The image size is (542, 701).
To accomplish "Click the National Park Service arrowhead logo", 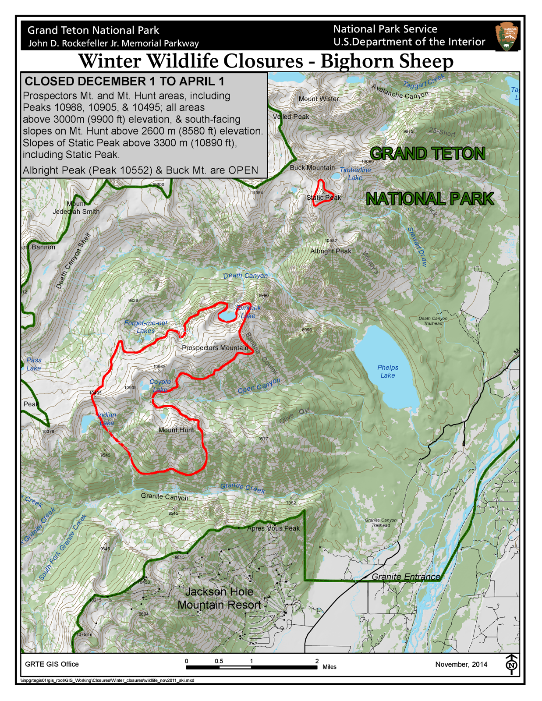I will tap(507, 37).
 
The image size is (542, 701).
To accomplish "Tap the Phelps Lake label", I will tap(388, 372).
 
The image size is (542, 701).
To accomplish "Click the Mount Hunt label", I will tap(176, 430).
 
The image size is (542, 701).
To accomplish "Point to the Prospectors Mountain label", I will tap(215, 348).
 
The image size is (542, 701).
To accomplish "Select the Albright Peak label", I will tap(331, 251).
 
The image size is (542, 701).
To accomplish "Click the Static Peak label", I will tap(324, 198).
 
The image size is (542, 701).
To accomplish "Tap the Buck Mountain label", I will tap(312, 168).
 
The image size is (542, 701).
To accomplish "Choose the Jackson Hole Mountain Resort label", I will tap(219, 598).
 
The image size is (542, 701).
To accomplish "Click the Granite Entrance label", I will tap(406, 577).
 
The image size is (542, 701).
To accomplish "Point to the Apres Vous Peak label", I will tap(273, 528).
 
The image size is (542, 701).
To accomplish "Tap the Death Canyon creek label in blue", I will tap(245, 276).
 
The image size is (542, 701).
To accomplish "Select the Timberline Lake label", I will tap(355, 174).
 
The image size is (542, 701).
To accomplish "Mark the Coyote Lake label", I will tap(160, 386).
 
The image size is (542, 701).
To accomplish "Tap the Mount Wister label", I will tap(319, 99).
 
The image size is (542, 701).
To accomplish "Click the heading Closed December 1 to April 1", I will tap(124, 81).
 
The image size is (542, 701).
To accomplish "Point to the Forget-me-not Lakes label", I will tap(146, 327).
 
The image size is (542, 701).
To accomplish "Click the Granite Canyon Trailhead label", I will tap(381, 523).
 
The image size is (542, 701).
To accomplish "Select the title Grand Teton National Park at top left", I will tap(93, 30).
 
